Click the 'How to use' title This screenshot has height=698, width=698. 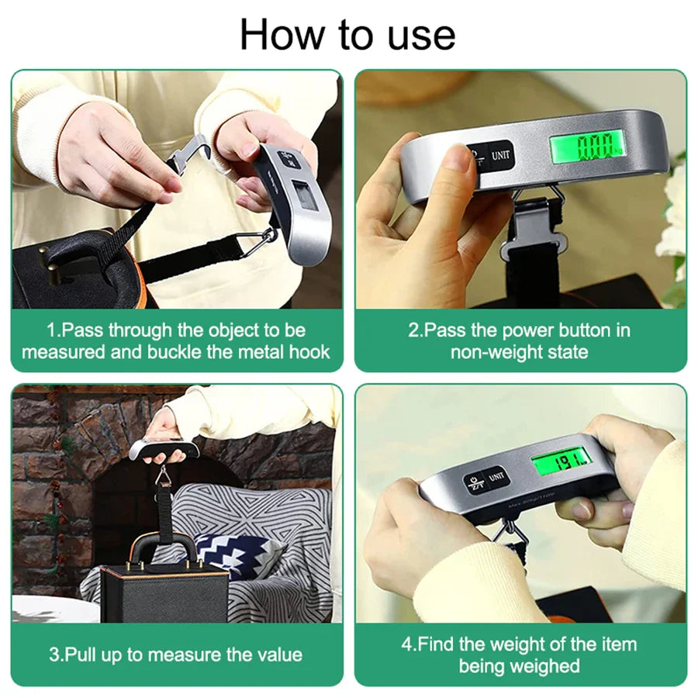(x=347, y=35)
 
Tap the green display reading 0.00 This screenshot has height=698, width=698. (x=587, y=145)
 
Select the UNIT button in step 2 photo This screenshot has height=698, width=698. (x=499, y=155)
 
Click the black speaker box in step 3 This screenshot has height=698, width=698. (x=165, y=583)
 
